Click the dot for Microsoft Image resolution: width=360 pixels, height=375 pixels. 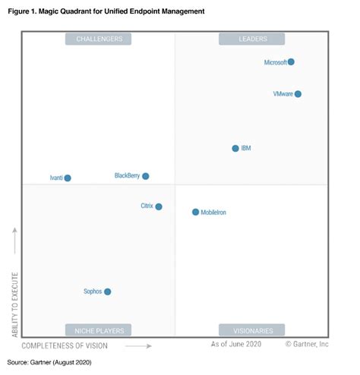pyautogui.click(x=291, y=62)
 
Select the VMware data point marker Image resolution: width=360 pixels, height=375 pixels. pyautogui.click(x=298, y=94)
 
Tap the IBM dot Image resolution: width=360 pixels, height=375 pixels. pyautogui.click(x=235, y=148)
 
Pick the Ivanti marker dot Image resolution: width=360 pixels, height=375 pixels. pyautogui.click(x=68, y=178)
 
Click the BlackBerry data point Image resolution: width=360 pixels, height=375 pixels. pyautogui.click(x=146, y=176)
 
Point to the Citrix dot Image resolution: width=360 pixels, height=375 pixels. pyautogui.click(x=159, y=206)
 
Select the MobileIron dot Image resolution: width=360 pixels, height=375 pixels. pyautogui.click(x=195, y=213)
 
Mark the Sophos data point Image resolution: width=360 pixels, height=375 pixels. pyautogui.click(x=108, y=291)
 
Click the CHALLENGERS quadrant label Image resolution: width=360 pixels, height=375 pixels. pyautogui.click(x=99, y=39)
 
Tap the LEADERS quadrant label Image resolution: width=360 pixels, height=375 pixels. pyautogui.click(x=252, y=39)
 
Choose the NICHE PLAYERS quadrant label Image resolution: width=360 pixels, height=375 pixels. pyautogui.click(x=99, y=330)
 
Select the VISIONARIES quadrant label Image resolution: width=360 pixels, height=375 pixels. pyautogui.click(x=252, y=330)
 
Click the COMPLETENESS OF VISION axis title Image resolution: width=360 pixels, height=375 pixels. pyautogui.click(x=65, y=345)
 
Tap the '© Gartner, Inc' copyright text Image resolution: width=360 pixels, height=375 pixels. pyautogui.click(x=307, y=345)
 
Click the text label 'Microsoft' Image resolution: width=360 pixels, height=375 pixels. pyautogui.click(x=275, y=62)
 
